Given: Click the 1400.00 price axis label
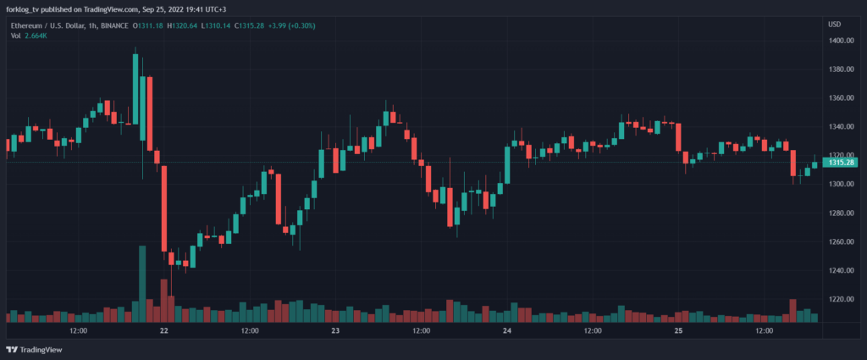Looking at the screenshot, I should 840,41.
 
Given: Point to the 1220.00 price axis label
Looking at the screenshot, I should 840,300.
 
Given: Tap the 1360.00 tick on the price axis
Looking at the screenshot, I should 840,98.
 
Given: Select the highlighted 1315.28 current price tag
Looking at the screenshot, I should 842,163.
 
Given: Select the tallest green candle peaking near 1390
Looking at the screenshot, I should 135,89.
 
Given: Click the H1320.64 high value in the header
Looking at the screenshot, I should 185,25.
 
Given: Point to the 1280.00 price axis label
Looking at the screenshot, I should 840,213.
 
